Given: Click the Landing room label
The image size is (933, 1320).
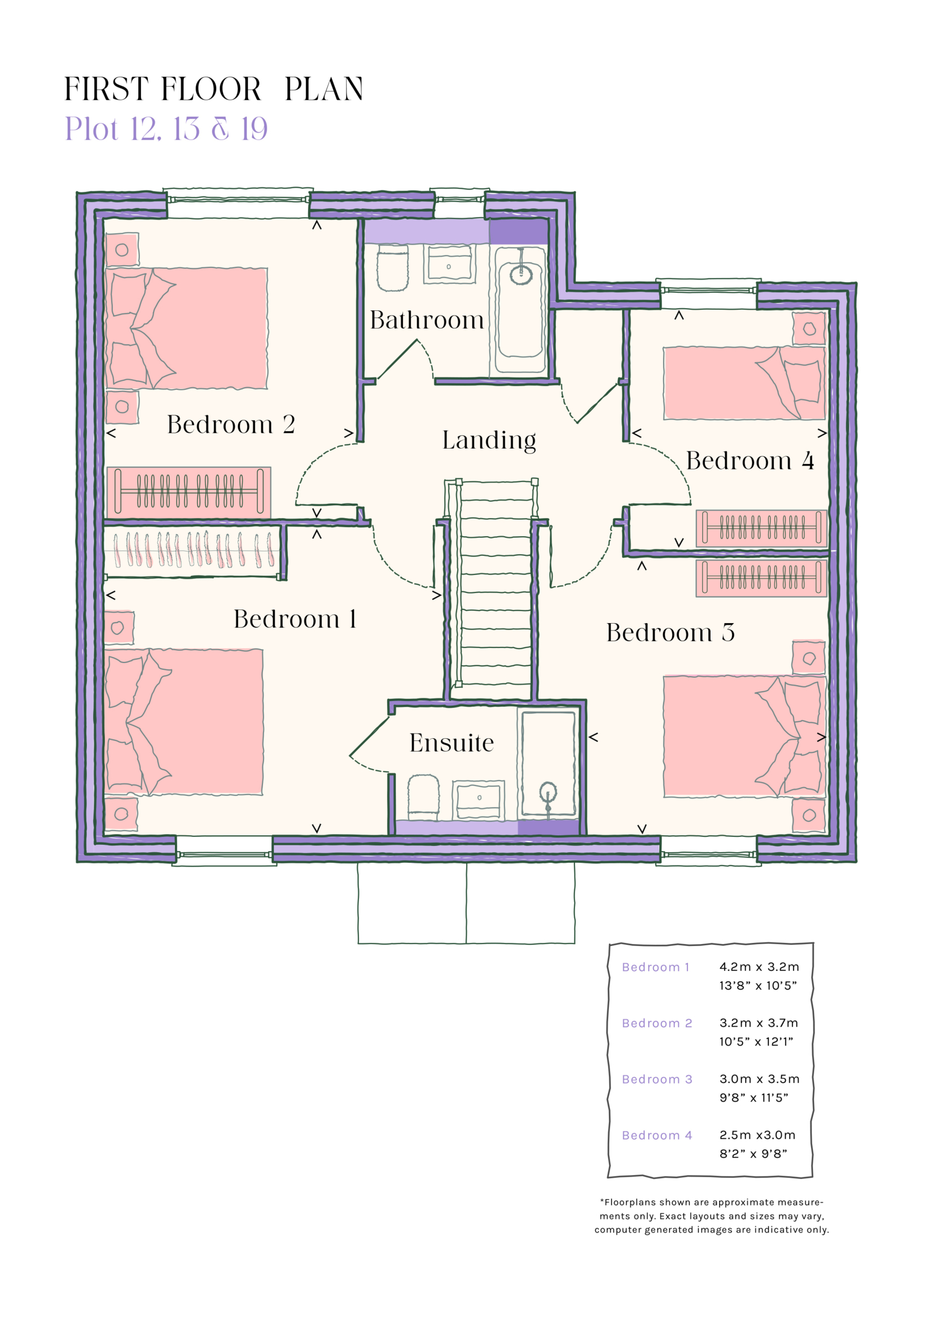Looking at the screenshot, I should coord(489,440).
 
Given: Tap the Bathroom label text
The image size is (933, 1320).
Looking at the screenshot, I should coord(427,320).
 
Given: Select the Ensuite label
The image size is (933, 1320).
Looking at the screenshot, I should coord(452,743).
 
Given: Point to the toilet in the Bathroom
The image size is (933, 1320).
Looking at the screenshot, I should coord(393,267).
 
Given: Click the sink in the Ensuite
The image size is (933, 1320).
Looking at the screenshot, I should coord(478,799).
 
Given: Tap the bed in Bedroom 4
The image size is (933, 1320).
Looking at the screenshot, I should coord(744,383).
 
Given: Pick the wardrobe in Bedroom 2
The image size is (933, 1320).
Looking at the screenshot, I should coord(189,492).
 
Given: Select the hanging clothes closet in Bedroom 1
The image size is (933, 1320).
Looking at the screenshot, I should coord(193,550).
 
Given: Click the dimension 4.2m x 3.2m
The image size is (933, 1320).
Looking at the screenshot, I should coord(759,967).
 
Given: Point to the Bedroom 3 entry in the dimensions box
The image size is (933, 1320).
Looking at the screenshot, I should coord(656,1079).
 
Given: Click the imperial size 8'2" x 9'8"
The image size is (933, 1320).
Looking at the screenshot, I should coord(753,1154).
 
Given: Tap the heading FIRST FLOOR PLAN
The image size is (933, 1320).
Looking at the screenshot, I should coord(213,90).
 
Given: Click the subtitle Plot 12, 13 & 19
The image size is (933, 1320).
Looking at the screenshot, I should coord(166,129).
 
